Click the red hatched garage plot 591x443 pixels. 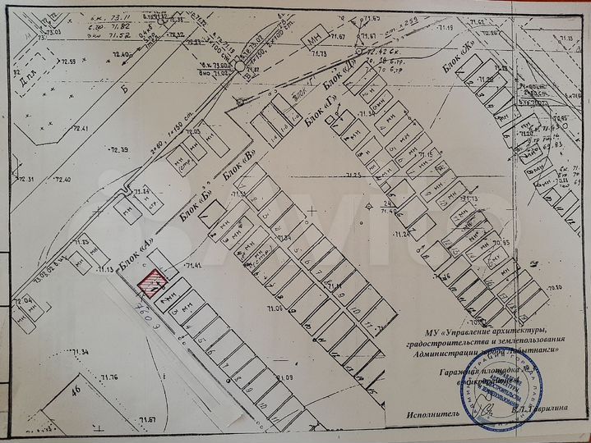coord(150,284)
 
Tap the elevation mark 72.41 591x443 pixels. coord(78,130)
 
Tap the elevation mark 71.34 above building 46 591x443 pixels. coord(80,352)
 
